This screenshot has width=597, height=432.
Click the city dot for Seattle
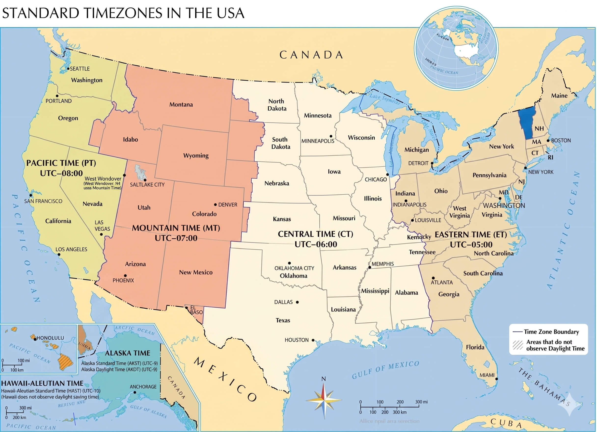click(x=68, y=69)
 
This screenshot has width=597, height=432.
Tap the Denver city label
click(x=228, y=204)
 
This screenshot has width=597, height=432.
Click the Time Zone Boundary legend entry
click(x=551, y=331)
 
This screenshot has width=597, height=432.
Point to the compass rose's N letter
click(x=324, y=379)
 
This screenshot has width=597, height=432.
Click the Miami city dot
click(x=496, y=379)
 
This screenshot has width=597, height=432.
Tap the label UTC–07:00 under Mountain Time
click(x=176, y=238)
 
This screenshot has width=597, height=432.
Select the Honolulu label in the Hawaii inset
click(x=50, y=338)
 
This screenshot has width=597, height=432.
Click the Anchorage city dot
click(x=135, y=392)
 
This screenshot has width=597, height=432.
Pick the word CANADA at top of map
click(x=311, y=55)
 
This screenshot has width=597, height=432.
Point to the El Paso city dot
click(x=186, y=308)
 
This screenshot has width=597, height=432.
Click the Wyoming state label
click(x=196, y=156)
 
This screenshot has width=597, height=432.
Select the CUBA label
click(x=506, y=423)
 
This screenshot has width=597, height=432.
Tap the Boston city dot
click(x=548, y=141)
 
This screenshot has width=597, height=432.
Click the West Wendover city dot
click(x=124, y=175)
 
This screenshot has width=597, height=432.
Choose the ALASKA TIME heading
click(x=127, y=353)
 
